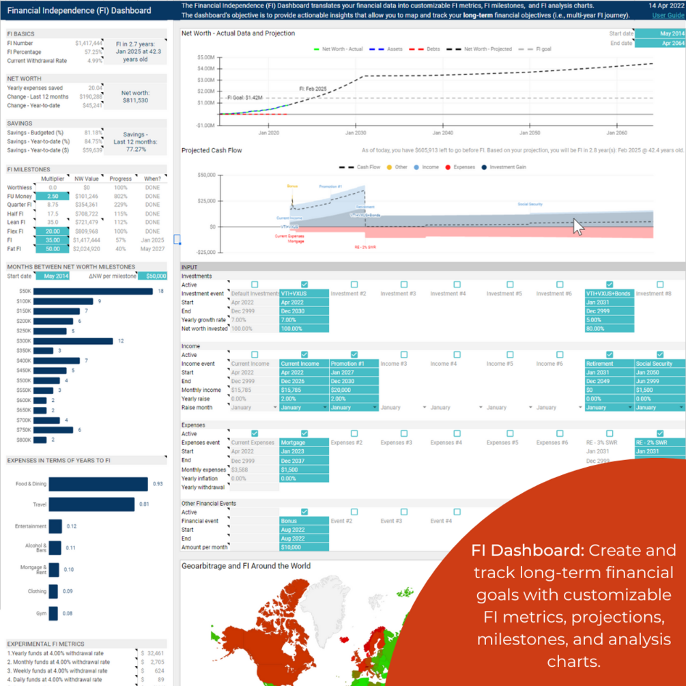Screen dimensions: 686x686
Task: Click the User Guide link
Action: point(668,15)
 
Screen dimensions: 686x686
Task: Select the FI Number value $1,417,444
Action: point(89,43)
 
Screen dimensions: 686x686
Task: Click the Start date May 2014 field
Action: point(659,33)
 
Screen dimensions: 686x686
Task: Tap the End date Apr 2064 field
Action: point(659,43)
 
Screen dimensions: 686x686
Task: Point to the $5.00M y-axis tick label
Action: point(205,57)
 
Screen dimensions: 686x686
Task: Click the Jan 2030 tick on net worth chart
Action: point(356,134)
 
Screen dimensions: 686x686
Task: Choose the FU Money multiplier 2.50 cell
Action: point(53,196)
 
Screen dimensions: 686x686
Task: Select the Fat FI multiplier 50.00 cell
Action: point(53,249)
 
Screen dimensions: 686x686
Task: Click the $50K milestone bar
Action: point(94,291)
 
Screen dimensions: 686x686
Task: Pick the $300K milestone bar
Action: point(74,341)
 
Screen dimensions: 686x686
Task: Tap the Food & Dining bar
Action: point(98,484)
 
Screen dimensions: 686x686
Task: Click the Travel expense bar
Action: point(91,504)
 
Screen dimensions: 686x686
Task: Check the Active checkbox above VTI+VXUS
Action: point(304,285)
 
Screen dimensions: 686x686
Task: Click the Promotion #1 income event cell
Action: point(354,364)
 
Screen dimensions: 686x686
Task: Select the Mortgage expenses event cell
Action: point(304,442)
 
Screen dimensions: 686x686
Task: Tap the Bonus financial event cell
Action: point(304,521)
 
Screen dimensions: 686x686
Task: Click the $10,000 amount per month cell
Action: point(304,547)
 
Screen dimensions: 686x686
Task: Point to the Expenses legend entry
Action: point(462,167)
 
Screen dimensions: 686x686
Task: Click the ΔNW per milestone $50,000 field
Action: point(152,276)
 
